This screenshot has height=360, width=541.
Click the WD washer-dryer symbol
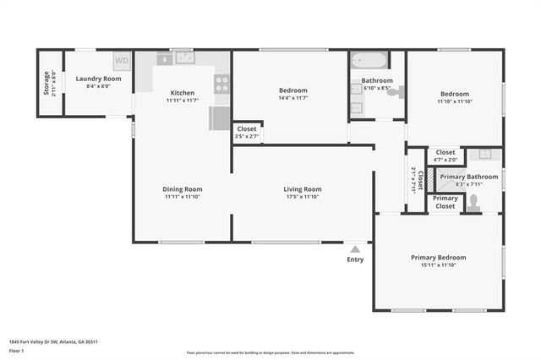pyautogui.click(x=122, y=61)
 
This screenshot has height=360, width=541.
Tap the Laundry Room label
pyautogui.click(x=98, y=79)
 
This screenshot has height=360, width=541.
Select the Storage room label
pyautogui.click(x=46, y=82)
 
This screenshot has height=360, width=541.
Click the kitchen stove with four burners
pyautogui.click(x=221, y=84)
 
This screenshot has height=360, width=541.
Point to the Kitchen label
pyautogui.click(x=183, y=93)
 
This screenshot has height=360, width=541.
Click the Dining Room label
pyautogui.click(x=183, y=189)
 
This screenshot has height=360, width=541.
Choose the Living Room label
pyautogui.click(x=302, y=189)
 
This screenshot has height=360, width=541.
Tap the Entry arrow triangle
pyautogui.click(x=355, y=248)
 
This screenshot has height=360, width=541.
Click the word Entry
pyautogui.click(x=355, y=259)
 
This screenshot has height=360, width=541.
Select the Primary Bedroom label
pyautogui.click(x=438, y=257)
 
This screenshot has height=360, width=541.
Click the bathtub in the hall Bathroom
pyautogui.click(x=369, y=61)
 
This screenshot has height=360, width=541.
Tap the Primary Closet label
pyautogui.click(x=445, y=201)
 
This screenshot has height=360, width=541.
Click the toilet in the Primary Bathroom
pyautogui.click(x=473, y=202)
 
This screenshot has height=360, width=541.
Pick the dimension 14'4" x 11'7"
pyautogui.click(x=292, y=101)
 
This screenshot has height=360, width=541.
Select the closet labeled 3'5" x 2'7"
pyautogui.click(x=247, y=133)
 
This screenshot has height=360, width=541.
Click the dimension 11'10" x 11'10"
pyautogui.click(x=453, y=101)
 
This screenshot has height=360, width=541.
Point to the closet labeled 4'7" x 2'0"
pyautogui.click(x=445, y=155)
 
